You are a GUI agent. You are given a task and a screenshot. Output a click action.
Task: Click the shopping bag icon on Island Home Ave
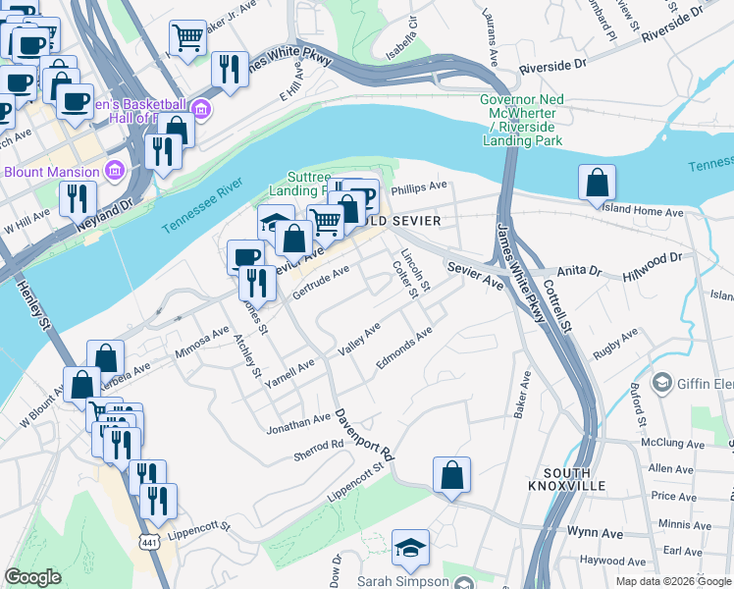597,182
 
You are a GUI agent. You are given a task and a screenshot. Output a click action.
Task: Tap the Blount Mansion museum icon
115,171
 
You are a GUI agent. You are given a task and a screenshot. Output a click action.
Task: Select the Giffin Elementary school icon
662,382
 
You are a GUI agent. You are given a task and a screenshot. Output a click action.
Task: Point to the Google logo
32,578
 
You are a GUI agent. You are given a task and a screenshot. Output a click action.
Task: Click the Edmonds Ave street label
403,348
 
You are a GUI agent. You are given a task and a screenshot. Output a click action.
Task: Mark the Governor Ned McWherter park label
522,120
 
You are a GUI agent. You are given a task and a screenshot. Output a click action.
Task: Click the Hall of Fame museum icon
202,106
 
